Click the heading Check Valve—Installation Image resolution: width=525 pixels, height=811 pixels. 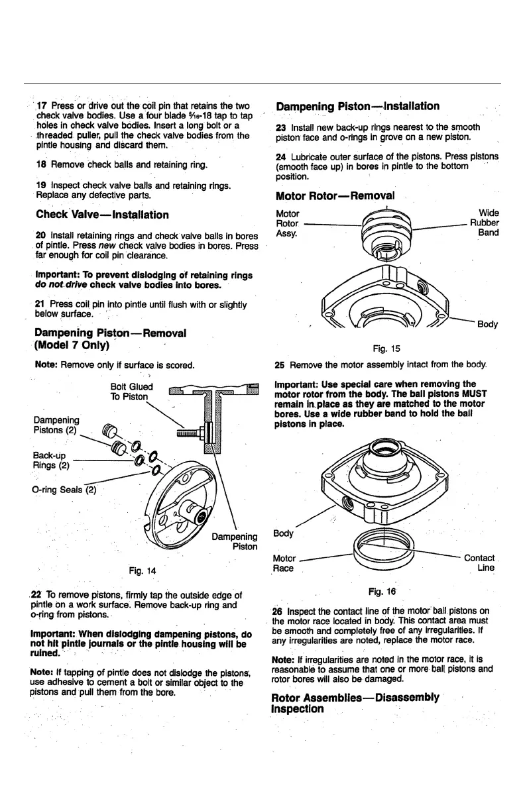pyautogui.click(x=102, y=215)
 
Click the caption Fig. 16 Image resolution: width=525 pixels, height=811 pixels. pyautogui.click(x=381, y=590)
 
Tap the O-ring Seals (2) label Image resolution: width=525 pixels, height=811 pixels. pyautogui.click(x=66, y=490)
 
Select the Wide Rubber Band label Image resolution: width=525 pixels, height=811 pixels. pyautogui.click(x=488, y=223)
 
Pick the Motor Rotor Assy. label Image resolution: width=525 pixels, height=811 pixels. pyautogui.click(x=287, y=223)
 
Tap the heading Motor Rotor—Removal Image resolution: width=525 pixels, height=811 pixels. pyautogui.click(x=335, y=196)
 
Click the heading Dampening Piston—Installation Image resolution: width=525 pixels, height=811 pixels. pyautogui.click(x=357, y=106)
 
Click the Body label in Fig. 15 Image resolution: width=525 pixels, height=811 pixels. pyautogui.click(x=487, y=324)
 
